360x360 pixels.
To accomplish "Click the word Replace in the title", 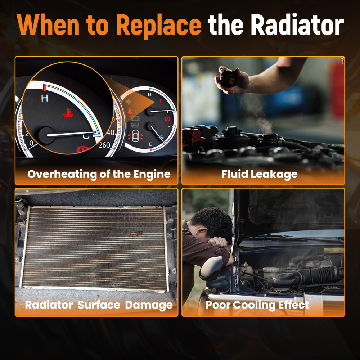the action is click(159, 26).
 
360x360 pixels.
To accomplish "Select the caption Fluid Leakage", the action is click(260, 174).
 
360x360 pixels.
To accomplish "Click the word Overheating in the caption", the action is click(62, 174).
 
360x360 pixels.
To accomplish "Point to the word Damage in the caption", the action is click(149, 305).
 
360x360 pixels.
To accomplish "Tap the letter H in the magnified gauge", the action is click(45, 98).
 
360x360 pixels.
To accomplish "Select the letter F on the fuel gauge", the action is click(169, 126).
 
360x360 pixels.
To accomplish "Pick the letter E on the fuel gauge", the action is click(150, 144).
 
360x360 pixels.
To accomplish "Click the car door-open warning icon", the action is click(136, 136).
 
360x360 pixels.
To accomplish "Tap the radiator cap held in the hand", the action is click(229, 79).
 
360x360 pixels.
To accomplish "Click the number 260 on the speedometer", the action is click(104, 145).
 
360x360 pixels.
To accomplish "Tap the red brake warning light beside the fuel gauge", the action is click(167, 119).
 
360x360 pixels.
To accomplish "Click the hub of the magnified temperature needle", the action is click(46, 135).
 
